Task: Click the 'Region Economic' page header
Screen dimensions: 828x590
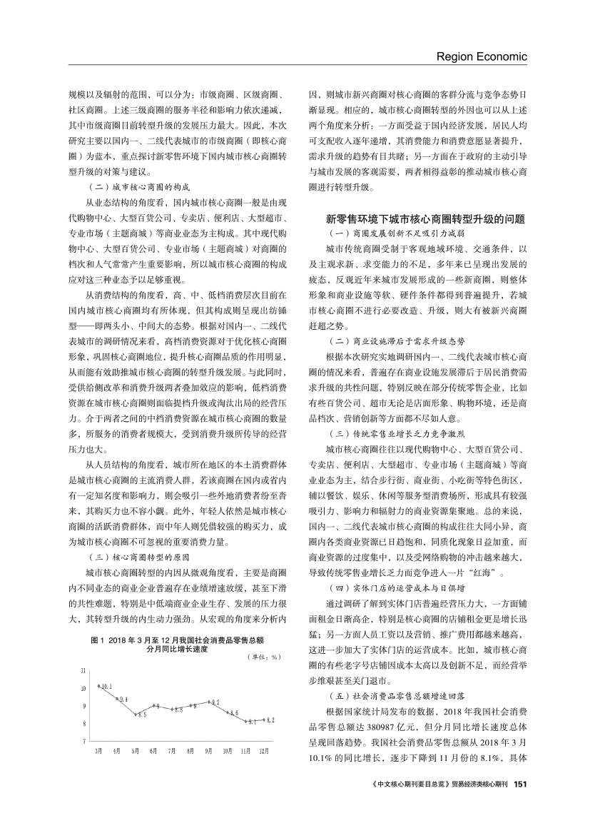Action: (x=481, y=56)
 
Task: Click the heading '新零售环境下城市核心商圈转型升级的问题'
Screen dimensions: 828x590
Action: (x=425, y=218)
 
